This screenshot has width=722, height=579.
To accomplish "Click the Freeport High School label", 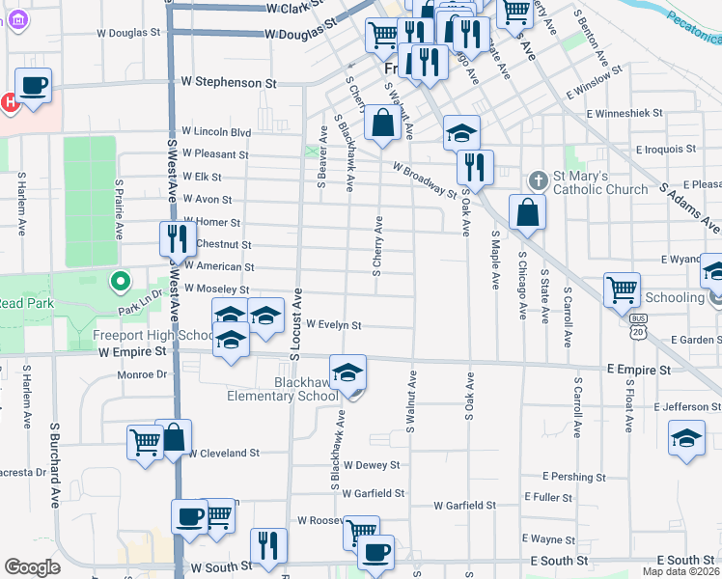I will point(153,336).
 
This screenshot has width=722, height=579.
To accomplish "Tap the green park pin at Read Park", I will point(120,283).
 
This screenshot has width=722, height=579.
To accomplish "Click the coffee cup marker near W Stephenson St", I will point(33,85).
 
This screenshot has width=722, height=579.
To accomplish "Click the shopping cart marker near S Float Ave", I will point(622,289).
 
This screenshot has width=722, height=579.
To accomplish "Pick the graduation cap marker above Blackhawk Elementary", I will point(348,372).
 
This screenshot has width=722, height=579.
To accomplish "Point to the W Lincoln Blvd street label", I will point(216,131).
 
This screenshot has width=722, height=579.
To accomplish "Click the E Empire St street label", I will point(638,370).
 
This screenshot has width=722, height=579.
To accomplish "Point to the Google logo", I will point(32,567).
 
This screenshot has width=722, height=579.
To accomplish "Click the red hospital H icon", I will point(9,100).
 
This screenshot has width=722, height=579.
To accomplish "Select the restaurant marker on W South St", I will point(268,545).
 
